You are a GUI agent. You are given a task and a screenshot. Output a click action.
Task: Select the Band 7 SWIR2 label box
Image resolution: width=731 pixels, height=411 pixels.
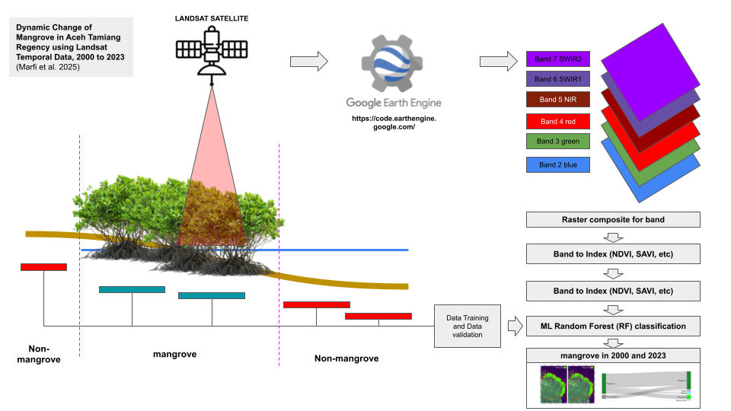click(x=559, y=59)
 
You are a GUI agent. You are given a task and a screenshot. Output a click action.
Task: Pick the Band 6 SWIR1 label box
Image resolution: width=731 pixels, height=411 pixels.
click(x=559, y=79)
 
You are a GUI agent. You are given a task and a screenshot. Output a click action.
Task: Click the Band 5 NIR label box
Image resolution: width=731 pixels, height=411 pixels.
click(x=559, y=100)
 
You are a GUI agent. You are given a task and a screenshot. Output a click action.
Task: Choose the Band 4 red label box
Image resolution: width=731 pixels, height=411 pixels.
click(x=559, y=121)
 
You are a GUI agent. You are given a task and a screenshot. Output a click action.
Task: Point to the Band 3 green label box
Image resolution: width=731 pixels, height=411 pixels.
click(x=559, y=142)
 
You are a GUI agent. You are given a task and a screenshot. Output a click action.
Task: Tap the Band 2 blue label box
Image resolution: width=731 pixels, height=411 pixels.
click(x=559, y=164)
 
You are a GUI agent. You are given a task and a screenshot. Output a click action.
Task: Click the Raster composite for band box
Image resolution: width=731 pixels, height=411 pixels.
click(x=613, y=220)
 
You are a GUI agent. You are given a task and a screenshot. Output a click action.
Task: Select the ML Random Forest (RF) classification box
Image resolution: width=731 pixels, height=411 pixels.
click(x=613, y=326)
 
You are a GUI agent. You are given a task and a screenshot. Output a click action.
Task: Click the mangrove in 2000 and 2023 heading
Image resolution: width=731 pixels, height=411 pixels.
click(x=613, y=355)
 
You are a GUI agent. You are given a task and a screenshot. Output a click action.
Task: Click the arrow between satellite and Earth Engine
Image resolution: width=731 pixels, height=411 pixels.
click(x=309, y=61)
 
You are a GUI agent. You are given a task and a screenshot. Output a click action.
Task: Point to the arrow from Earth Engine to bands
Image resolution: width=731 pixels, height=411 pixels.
click(x=498, y=61)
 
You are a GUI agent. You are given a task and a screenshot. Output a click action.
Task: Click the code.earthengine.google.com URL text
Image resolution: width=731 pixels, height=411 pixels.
click(x=394, y=123)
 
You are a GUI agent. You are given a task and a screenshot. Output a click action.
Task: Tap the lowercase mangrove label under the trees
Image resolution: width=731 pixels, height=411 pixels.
click(x=175, y=354)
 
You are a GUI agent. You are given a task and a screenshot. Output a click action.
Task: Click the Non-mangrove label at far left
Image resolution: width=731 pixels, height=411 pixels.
click(x=38, y=353)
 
